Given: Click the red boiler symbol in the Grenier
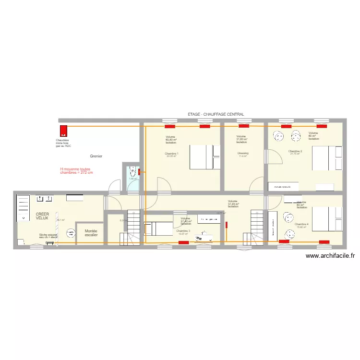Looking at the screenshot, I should (x=62, y=131).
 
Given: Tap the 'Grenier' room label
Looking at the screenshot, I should (x=96, y=156).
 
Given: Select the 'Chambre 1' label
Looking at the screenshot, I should (x=171, y=154).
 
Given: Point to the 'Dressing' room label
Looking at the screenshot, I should (x=242, y=154).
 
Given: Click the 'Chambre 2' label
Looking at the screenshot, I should (x=295, y=151).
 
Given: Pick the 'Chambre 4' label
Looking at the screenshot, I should (x=301, y=224).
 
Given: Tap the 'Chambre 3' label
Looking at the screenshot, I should (x=183, y=231).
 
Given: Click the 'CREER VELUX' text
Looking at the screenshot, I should (x=42, y=216).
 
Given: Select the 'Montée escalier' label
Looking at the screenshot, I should (x=91, y=233).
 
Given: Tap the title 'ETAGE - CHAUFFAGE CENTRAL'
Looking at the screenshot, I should (x=216, y=114).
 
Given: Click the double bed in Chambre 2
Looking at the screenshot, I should (x=327, y=157).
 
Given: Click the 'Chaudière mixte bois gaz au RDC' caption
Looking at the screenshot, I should (x=63, y=143).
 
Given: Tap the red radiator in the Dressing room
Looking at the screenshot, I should (x=244, y=127).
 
